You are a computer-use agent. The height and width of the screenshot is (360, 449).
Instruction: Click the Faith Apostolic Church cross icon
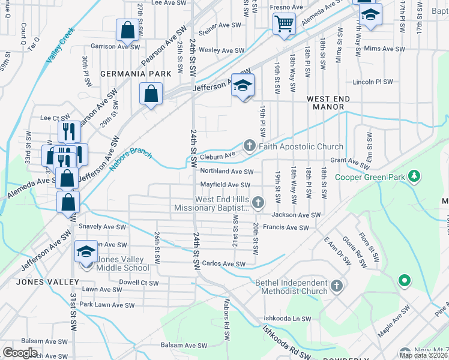click(249, 146)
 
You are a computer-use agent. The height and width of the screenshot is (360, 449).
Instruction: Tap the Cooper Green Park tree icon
click(414, 176)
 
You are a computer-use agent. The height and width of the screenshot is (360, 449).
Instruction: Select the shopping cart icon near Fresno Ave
click(283, 24)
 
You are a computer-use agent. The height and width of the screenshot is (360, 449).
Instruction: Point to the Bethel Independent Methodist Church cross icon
click(336, 284)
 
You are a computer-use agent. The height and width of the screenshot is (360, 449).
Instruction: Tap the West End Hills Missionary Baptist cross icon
click(258, 202)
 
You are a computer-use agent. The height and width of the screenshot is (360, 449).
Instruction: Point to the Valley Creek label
click(60, 46)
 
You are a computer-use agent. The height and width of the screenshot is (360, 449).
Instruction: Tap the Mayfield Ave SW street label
click(224, 185)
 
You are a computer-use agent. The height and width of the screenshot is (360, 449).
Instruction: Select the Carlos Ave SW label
click(223, 264)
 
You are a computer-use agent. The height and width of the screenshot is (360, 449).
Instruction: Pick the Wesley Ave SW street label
click(221, 51)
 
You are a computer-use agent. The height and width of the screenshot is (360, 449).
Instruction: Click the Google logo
click(20, 353)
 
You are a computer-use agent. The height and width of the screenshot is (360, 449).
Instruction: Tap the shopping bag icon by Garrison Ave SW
click(128, 29)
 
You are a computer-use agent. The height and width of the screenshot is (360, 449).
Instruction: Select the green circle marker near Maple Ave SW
click(405, 280)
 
